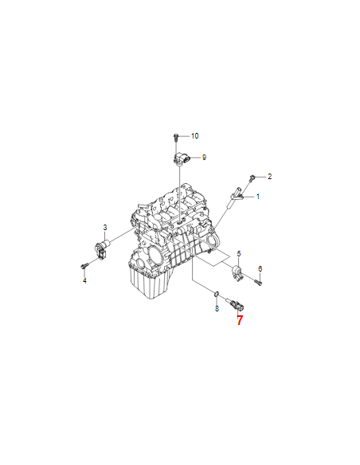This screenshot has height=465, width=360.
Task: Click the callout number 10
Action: coord(194,136)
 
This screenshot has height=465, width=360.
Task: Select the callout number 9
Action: coord(204,158)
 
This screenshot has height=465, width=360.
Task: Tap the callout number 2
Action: coord(269,177)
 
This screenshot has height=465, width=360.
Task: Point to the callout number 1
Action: coord(258,197)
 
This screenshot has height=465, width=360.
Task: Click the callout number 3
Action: coord(105,228)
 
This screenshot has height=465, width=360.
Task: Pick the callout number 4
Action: coord(84,280)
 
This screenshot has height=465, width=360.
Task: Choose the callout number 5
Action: coord(239,253)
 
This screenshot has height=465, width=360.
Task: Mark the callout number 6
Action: coord(260,268)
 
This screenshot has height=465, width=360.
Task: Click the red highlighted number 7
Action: coord(240,320)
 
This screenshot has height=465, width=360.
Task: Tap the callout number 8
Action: coord(217,309)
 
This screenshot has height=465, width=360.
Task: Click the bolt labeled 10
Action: coord(175,138)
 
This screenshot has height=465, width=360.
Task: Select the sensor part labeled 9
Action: coord(181,158)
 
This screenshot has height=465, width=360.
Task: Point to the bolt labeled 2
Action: coord(252,178)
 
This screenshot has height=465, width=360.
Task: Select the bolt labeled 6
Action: coord(258,282)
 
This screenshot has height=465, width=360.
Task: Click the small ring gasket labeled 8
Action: coord(217,294)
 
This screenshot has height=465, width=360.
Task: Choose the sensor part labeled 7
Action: coord(236,304)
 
